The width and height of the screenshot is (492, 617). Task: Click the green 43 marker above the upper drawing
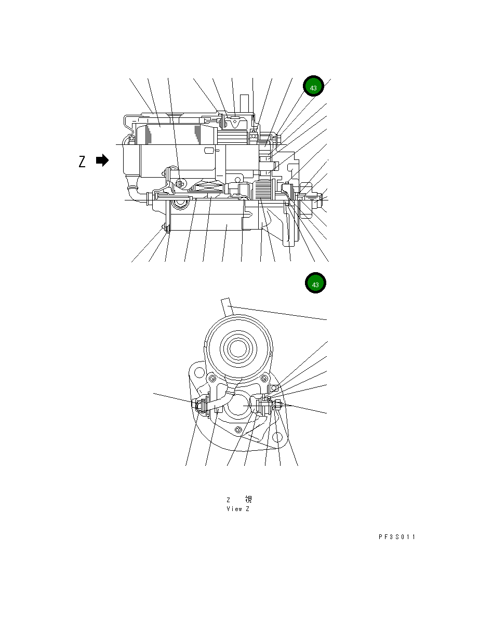(x=313, y=87)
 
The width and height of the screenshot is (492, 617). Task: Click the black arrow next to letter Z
(x=102, y=160)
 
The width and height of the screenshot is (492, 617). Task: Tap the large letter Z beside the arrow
(x=82, y=162)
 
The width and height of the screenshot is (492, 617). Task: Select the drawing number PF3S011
(x=397, y=537)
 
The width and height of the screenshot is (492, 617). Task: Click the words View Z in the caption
(x=238, y=509)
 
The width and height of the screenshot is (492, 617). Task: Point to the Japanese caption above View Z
(x=239, y=500)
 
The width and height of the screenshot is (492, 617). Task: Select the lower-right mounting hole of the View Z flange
(x=277, y=438)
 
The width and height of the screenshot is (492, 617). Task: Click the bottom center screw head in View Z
(x=238, y=429)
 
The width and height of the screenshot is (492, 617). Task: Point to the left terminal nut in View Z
(x=198, y=405)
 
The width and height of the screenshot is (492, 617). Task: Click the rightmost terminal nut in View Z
(x=279, y=405)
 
